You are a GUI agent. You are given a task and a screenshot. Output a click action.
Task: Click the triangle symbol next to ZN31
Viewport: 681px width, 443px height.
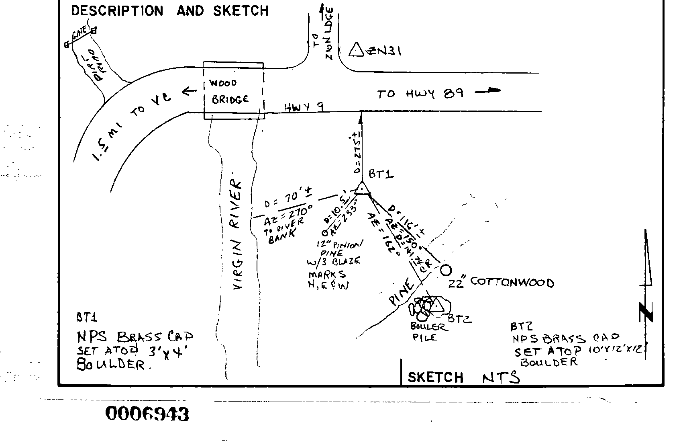pyautogui.click(x=356, y=50)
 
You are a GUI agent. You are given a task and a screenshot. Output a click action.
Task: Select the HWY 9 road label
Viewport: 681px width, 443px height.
pyautogui.click(x=304, y=107)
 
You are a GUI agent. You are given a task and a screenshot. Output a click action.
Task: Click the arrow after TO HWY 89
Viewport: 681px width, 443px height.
pyautogui.click(x=488, y=91)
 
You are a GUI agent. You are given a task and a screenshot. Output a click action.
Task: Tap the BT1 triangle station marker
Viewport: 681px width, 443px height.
pyautogui.click(x=362, y=189)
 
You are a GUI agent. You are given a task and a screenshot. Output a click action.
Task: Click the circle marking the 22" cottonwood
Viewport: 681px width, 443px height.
pyautogui.click(x=446, y=270)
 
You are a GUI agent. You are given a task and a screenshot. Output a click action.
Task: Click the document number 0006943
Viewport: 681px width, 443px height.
pyautogui.click(x=147, y=414)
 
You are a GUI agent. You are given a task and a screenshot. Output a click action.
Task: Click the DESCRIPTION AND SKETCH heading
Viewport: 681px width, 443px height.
pyautogui.click(x=170, y=11)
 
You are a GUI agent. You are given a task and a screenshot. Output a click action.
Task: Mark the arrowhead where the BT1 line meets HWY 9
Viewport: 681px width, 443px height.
pyautogui.click(x=361, y=117)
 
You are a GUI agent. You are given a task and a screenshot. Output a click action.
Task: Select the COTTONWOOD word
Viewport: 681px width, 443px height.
pyautogui.click(x=512, y=282)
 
